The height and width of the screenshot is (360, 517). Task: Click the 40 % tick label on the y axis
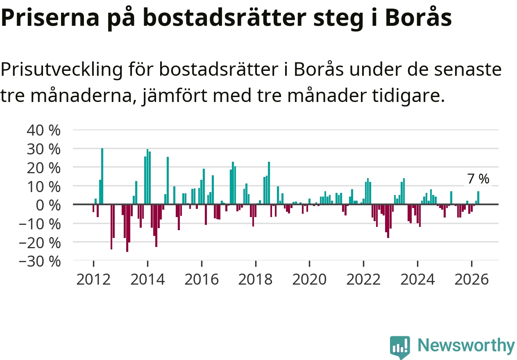(43, 130)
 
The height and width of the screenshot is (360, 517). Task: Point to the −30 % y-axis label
(40, 262)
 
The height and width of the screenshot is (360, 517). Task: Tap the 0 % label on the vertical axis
(48, 205)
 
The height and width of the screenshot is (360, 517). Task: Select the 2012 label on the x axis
(93, 279)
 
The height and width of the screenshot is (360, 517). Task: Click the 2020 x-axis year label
(309, 279)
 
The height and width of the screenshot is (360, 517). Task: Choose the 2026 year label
(472, 279)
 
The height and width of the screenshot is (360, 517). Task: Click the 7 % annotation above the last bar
(478, 179)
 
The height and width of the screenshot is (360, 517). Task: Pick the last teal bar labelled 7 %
(478, 198)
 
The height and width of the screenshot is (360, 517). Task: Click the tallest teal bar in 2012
(102, 176)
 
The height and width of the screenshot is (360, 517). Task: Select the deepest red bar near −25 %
(127, 228)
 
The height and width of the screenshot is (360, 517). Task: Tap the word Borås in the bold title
(418, 17)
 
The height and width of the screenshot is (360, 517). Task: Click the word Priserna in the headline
(50, 18)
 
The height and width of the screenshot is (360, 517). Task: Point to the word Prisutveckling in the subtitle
(61, 70)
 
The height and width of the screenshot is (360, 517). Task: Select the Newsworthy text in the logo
(467, 345)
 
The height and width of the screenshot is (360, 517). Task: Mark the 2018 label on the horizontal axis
(255, 279)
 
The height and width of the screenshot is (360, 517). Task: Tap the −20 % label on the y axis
(40, 243)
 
